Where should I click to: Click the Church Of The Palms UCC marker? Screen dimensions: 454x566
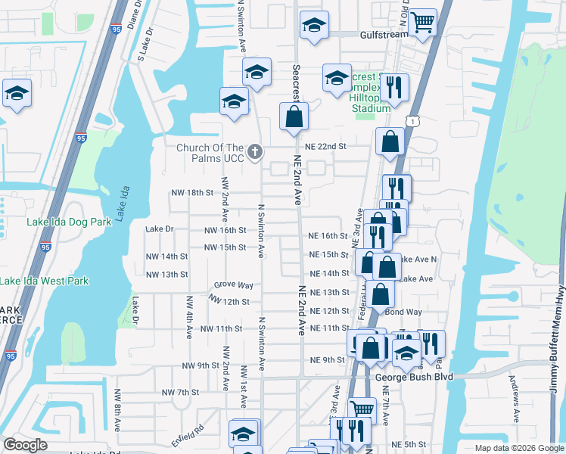pyautogui.click(x=256, y=151)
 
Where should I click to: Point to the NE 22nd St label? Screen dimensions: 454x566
pyautogui.click(x=325, y=146)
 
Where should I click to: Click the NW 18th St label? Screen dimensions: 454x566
pyautogui.click(x=193, y=193)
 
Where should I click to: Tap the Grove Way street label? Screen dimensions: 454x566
pyautogui.click(x=233, y=285)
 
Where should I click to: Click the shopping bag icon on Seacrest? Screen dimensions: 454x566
pyautogui.click(x=294, y=117)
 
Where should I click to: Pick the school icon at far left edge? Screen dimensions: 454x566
pyautogui.click(x=16, y=94)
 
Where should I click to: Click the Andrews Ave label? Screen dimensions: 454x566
pyautogui.click(x=515, y=398)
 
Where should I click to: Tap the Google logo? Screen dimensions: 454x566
pyautogui.click(x=26, y=445)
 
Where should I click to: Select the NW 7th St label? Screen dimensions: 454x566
pyautogui.click(x=180, y=393)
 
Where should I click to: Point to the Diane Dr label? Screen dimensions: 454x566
pyautogui.click(x=138, y=14)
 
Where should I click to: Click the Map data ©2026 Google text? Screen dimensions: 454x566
pyautogui.click(x=518, y=448)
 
